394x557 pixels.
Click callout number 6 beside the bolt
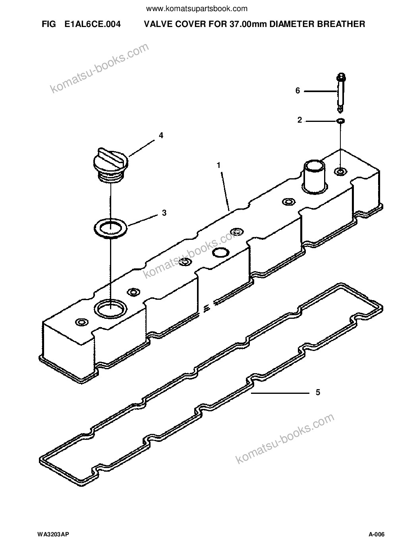[x=298, y=91]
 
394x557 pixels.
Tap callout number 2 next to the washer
[x=299, y=120]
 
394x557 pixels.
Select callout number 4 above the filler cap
[x=161, y=135]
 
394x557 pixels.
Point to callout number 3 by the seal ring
[x=164, y=213]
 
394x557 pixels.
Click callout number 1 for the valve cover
[x=218, y=165]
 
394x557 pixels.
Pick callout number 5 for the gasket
[x=318, y=392]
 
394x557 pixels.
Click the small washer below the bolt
[x=340, y=121]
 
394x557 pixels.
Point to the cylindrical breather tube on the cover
[x=314, y=177]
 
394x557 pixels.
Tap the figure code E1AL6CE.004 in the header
[x=93, y=24]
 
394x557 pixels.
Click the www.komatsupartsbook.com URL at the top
[x=197, y=9]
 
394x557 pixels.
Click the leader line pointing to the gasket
[x=280, y=393]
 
